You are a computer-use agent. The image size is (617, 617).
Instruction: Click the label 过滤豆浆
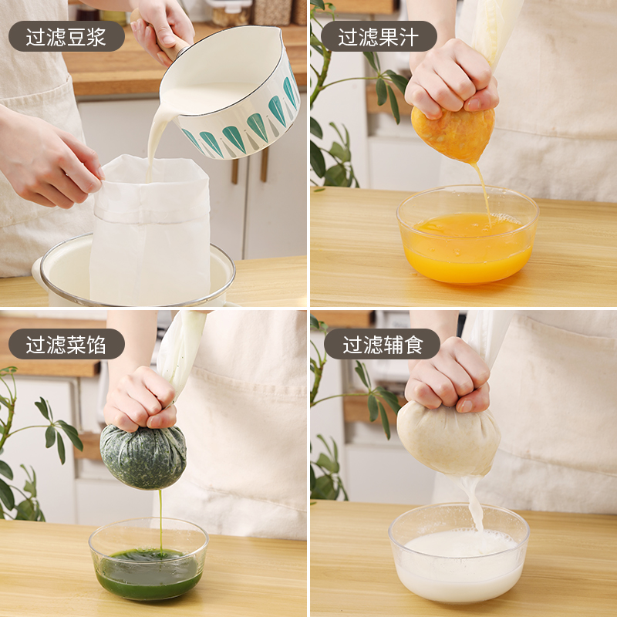tap(66, 36)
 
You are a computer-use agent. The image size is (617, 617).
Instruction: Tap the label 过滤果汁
tap(378, 36)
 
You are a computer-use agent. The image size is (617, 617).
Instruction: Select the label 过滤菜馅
tap(66, 344)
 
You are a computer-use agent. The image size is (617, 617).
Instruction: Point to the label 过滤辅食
tap(383, 344)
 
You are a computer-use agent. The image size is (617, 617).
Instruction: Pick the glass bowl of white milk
tap(459, 553)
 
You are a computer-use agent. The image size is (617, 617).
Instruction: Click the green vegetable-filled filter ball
tap(143, 457)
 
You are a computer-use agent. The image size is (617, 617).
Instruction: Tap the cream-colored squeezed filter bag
tap(449, 439)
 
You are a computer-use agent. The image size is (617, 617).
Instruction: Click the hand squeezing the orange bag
tap(452, 79)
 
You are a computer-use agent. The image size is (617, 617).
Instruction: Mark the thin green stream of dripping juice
tap(160, 520)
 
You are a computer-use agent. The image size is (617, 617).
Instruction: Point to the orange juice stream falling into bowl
tap(484, 194)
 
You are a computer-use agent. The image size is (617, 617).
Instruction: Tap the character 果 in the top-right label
tap(389, 36)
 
